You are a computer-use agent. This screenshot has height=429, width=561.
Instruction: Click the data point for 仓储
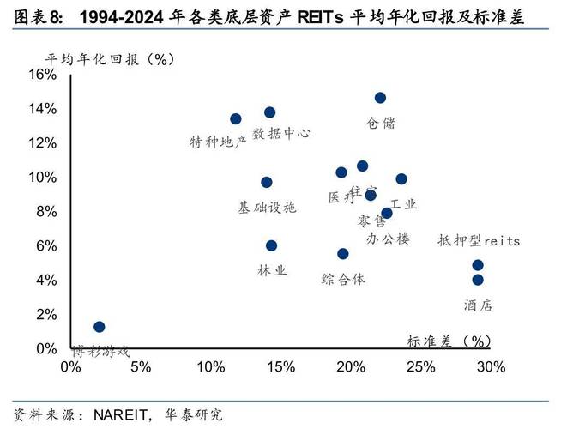tap(380, 98)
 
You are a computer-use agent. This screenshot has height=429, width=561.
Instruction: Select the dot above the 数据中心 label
tap(269, 112)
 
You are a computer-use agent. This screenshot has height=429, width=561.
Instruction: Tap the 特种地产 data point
tap(236, 119)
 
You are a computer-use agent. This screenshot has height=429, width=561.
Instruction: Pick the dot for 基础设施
tap(267, 182)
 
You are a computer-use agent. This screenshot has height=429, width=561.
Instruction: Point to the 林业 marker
tap(272, 245)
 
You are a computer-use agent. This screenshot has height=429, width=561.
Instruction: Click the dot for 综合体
tap(343, 253)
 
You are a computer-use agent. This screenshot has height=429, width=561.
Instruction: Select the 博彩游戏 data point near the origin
tap(100, 327)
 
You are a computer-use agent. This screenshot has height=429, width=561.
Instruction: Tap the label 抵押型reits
tap(479, 241)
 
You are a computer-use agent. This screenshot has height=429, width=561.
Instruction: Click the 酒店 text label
tap(478, 305)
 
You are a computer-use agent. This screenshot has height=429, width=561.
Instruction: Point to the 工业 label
tap(403, 204)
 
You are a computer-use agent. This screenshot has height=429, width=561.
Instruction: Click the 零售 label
tap(371, 221)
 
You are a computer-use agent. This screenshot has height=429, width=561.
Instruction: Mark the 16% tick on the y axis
tap(43, 75)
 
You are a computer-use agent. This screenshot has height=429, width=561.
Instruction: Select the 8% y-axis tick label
tap(46, 212)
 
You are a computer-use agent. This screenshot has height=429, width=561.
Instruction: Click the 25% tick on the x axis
tap(420, 367)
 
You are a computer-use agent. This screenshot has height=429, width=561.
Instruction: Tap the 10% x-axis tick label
tap(211, 367)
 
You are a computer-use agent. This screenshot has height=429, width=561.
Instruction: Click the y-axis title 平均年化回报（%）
tap(111, 58)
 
